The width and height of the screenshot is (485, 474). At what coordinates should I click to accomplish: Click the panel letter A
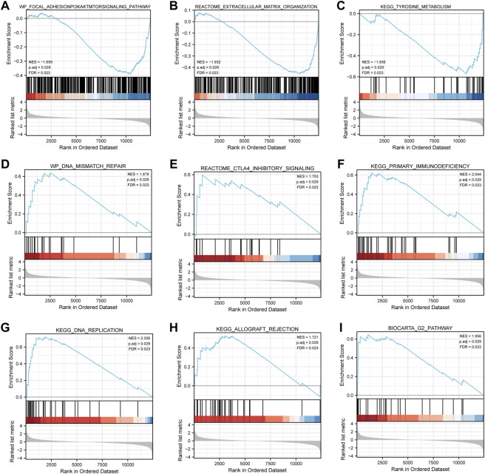click(x=6, y=5)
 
